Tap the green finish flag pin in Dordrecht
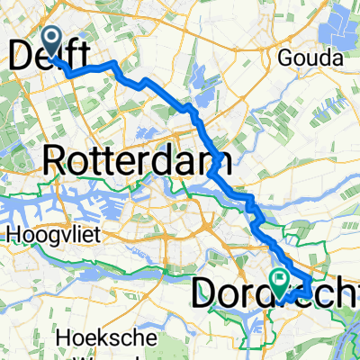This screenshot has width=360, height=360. tap(280, 281)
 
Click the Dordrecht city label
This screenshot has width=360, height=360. tap(274, 293)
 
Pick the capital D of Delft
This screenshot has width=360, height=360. tap(20, 54)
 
